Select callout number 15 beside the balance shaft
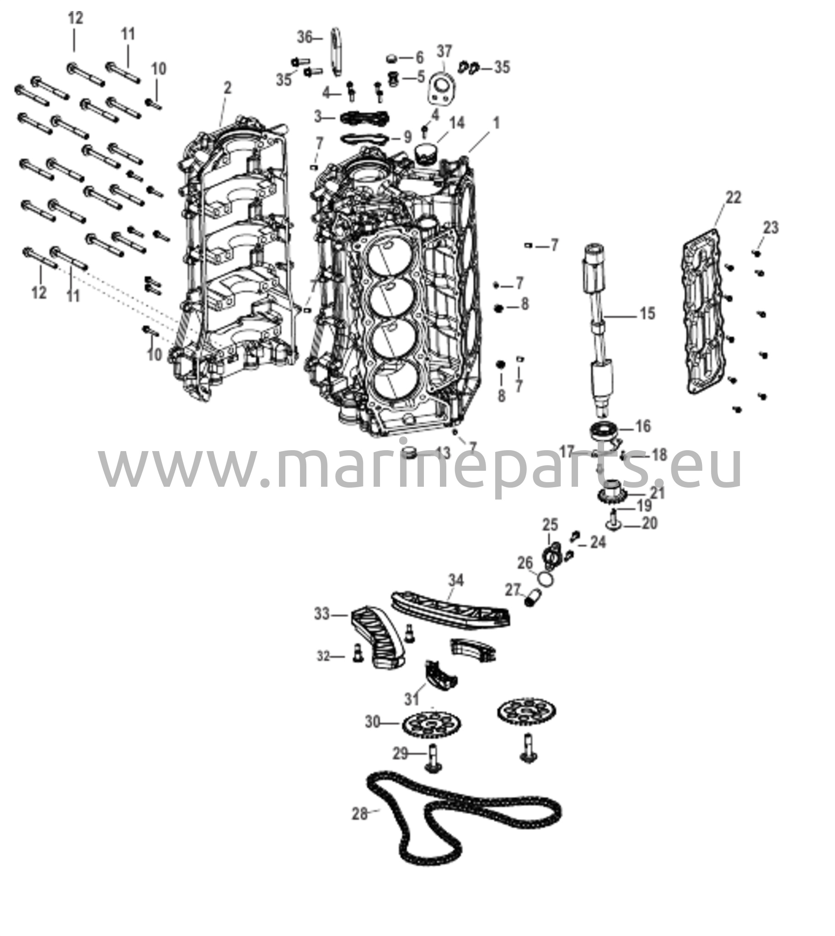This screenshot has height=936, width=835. point(648,314)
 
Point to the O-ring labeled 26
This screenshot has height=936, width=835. point(546,579)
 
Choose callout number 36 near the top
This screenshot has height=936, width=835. point(304,37)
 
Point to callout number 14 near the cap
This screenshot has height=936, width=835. point(456,122)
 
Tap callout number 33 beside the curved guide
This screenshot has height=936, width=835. point(322,614)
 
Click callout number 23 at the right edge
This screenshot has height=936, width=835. point(771,228)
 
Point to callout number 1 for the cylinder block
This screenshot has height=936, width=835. point(496,123)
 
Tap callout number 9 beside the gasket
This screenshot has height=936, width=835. point(408,137)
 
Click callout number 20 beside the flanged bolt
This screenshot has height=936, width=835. point(650,523)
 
